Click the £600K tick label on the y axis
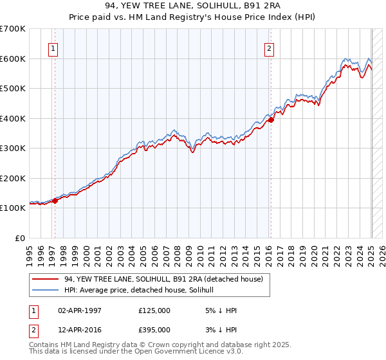[13, 59]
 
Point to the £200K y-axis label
[13, 178]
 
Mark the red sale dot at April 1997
[55, 201]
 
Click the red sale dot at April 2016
[271, 120]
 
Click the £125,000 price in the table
[154, 310]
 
